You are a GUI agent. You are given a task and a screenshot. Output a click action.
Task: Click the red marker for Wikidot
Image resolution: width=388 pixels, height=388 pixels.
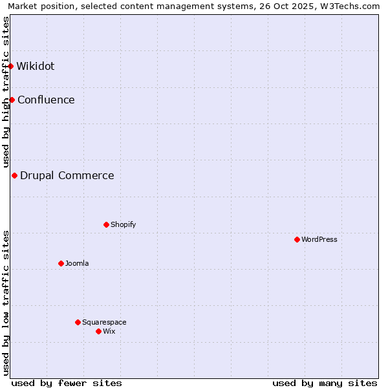(x=11, y=66)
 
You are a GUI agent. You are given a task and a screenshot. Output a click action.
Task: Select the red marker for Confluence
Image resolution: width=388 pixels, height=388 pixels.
(x=12, y=100)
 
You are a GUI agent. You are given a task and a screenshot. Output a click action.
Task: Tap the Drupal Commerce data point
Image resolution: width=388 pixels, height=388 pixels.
(x=15, y=175)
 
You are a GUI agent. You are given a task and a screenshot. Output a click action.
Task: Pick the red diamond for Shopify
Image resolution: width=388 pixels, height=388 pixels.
(x=107, y=224)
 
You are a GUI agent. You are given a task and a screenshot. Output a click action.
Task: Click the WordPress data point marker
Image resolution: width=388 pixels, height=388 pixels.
(x=297, y=239)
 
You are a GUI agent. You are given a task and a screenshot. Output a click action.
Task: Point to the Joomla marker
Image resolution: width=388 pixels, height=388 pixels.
(x=61, y=263)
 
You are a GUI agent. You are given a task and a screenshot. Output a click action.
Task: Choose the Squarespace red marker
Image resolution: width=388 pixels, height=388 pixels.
(x=78, y=322)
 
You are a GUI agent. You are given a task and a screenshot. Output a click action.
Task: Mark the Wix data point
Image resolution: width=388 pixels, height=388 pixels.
(x=99, y=331)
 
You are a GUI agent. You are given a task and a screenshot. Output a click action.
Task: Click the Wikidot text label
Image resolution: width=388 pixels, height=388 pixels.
(x=36, y=66)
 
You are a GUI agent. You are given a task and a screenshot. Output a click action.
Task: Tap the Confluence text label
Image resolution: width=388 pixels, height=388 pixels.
(x=46, y=100)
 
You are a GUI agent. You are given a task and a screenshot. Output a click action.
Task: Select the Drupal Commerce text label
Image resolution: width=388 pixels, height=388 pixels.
(x=67, y=175)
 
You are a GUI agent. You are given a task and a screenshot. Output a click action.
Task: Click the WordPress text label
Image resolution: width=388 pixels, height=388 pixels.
(x=319, y=239)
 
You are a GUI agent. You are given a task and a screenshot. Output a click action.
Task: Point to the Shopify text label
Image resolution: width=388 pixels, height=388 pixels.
(x=124, y=224)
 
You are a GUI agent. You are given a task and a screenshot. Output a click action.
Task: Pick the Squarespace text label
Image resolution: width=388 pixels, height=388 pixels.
(x=104, y=322)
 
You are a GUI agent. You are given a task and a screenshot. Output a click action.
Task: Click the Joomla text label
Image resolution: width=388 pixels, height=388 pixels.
(x=77, y=263)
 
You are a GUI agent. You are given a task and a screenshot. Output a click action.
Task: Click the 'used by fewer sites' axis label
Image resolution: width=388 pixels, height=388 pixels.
(x=67, y=383)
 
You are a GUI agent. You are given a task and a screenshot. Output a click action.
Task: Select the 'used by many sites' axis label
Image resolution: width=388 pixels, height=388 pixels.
(x=325, y=383)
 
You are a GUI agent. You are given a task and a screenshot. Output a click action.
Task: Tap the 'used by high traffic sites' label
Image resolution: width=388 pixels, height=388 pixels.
(x=6, y=92)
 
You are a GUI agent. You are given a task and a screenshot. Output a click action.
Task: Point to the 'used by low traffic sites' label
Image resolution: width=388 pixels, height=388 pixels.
(x=6, y=303)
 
